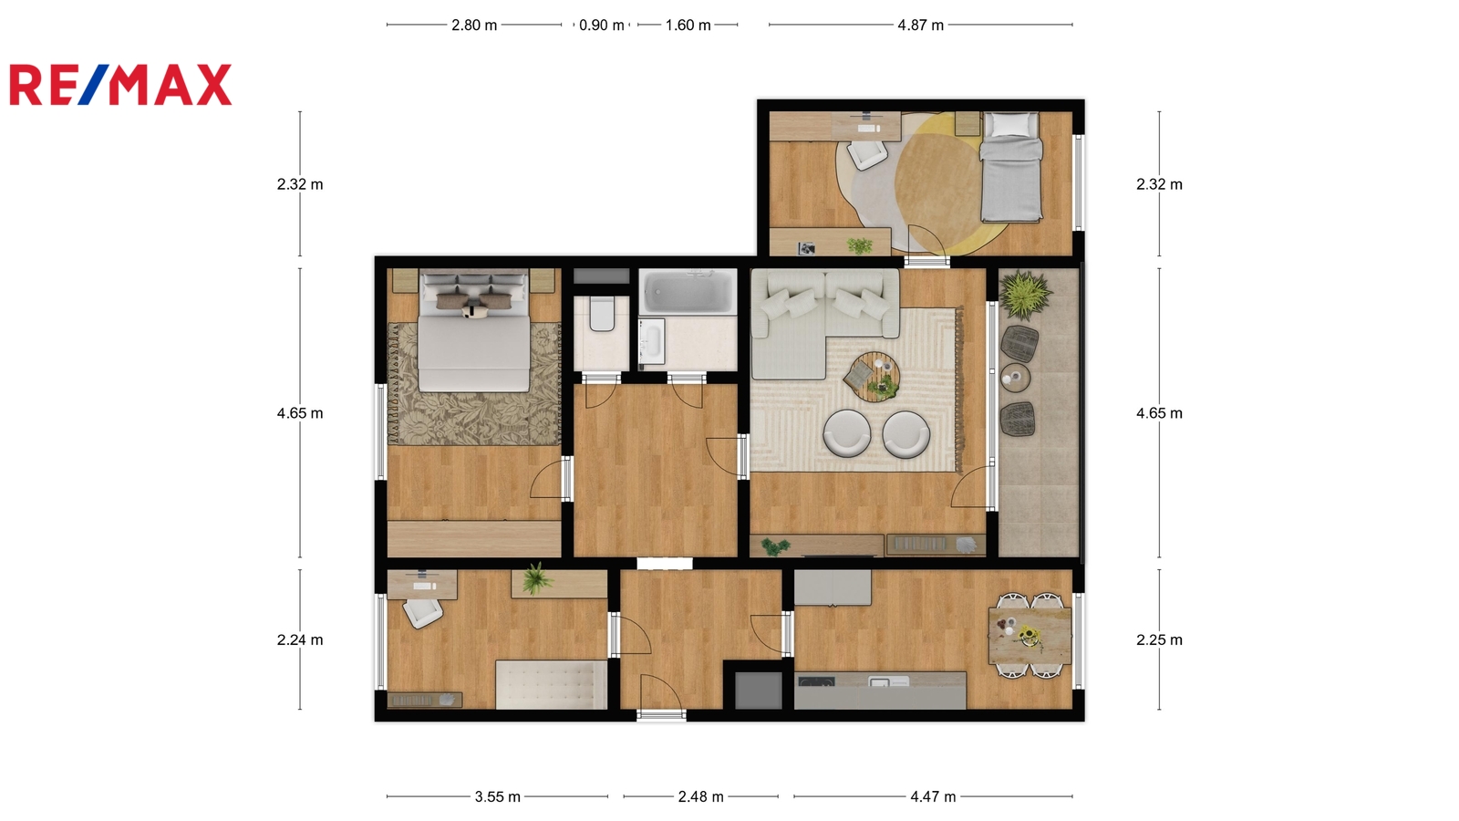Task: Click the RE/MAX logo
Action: (x=120, y=85)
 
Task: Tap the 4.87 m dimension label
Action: (x=920, y=26)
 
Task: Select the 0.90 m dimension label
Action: (x=601, y=26)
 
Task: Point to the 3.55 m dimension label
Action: (x=498, y=797)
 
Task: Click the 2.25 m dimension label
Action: (x=1159, y=639)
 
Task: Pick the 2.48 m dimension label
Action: (x=701, y=797)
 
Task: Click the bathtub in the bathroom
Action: (x=688, y=291)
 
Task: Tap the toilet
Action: (x=602, y=314)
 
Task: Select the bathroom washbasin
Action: (x=652, y=341)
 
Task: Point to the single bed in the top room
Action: (x=1011, y=167)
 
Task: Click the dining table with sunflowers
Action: (x=1030, y=635)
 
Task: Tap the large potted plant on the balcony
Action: (x=1025, y=296)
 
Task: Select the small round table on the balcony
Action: (x=1016, y=378)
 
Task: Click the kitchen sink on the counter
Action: (x=888, y=681)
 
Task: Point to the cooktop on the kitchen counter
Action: (x=817, y=682)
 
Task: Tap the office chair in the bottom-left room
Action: (x=423, y=612)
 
